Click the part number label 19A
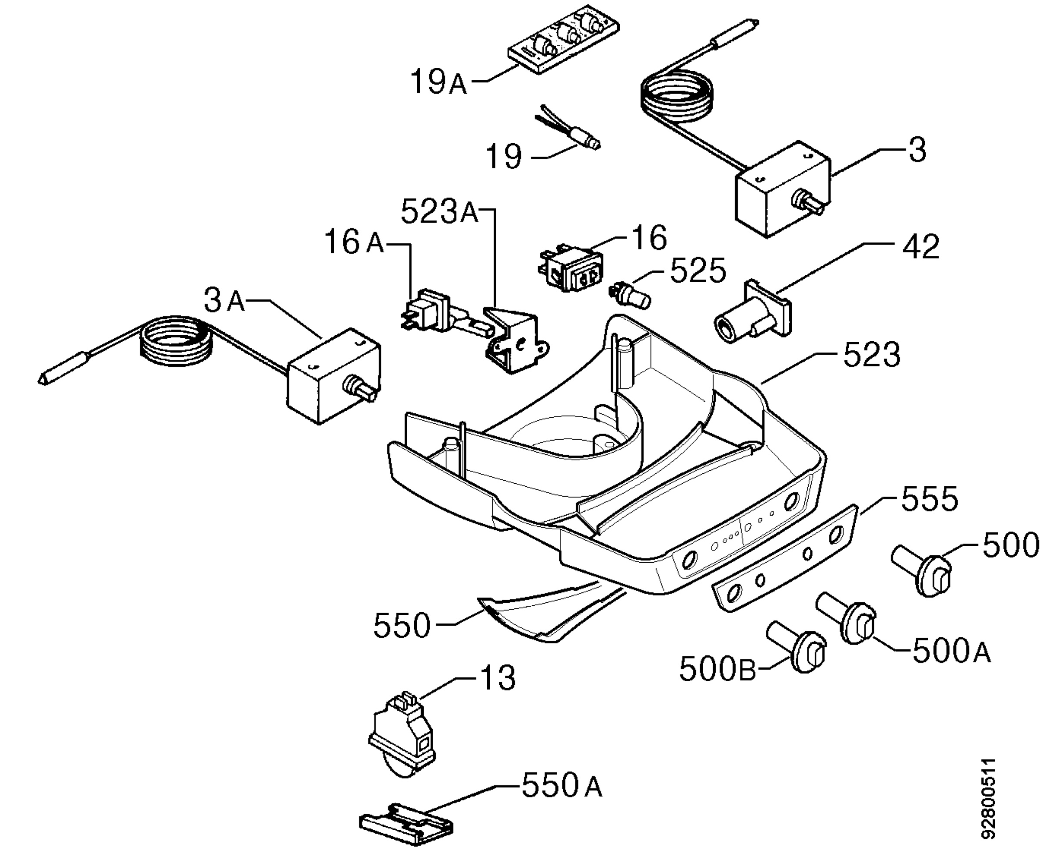pyautogui.click(x=438, y=82)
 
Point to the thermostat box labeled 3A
pyautogui.click(x=334, y=376)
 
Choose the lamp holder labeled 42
pyautogui.click(x=752, y=310)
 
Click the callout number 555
pyautogui.click(x=929, y=500)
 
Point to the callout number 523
pyautogui.click(x=872, y=355)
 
